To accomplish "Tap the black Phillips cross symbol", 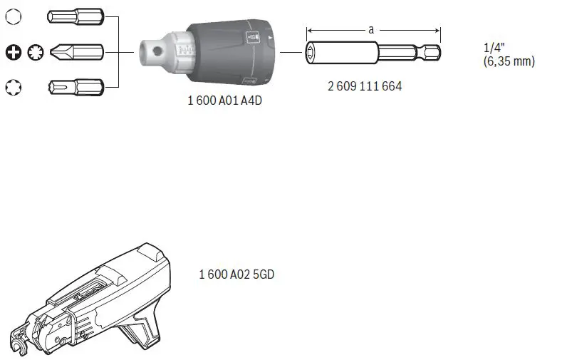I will point(12,51).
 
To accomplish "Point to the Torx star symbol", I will point(13,87).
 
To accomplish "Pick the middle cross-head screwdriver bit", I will point(75,51).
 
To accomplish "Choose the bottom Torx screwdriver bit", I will point(75,87).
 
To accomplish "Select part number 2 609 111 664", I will point(365,86).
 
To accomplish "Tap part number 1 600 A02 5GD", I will point(236,274).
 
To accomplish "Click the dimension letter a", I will point(371,30).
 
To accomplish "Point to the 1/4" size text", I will point(493,48).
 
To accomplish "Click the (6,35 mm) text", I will point(509,61).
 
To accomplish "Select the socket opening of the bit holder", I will point(313,51).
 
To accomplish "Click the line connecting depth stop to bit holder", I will point(290,51).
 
